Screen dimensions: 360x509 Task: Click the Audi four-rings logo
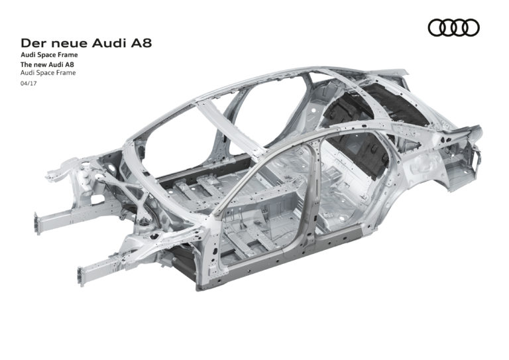[454, 27]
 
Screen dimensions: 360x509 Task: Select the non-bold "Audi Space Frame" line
[48, 74]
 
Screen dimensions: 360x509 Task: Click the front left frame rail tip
[82, 273]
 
